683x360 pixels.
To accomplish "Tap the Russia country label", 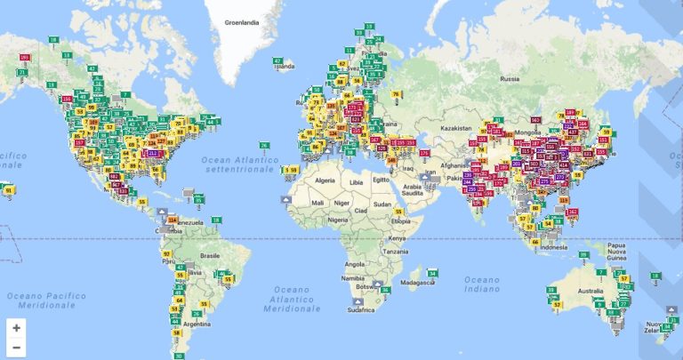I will click(510, 79).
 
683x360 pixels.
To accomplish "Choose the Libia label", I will click(357, 182).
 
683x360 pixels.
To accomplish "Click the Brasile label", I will click(211, 255).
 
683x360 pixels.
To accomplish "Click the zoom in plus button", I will click(16, 327).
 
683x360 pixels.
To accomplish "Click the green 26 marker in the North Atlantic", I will click(264, 145).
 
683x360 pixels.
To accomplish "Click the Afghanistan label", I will click(455, 165).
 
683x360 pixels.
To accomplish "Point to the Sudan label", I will click(383, 202).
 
